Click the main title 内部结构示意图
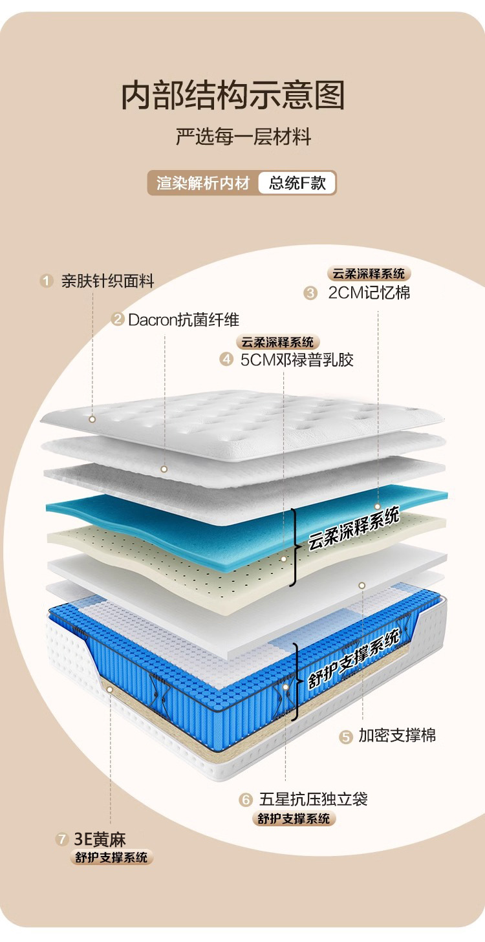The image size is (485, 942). [x=233, y=96]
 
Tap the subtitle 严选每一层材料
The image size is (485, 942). [x=244, y=138]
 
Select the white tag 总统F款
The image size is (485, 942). [x=297, y=183]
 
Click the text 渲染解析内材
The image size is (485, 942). [x=203, y=183]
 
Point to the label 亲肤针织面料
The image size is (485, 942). [x=107, y=281]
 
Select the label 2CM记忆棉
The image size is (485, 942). [x=369, y=293]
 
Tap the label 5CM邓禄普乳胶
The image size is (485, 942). [x=297, y=359]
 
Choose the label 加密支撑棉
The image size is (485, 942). [x=397, y=735]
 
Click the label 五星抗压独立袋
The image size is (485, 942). [x=313, y=799]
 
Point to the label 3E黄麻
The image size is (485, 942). [x=100, y=840]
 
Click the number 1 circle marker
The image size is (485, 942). [x=46, y=281]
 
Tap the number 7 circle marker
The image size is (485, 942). [x=62, y=840]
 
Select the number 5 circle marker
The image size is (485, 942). [x=346, y=736]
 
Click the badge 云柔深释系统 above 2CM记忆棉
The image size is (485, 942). [x=369, y=273]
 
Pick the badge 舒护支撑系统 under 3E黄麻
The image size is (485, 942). [x=111, y=858]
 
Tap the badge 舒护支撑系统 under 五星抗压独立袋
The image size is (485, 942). [x=294, y=819]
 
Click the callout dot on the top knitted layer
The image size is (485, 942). [x=92, y=419]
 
